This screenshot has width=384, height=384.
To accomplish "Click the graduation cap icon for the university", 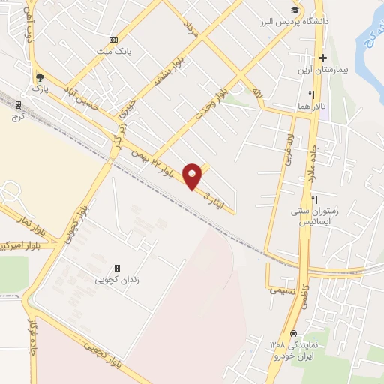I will pyautogui.click(x=297, y=10).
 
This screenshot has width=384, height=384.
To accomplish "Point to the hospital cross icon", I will pyautogui.click(x=323, y=57).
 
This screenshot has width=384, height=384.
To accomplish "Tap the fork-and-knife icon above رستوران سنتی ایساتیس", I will pyautogui.click(x=315, y=199).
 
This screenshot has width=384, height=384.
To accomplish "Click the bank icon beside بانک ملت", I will pyautogui.click(x=113, y=40).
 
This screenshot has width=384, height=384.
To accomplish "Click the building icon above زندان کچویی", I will pyautogui.click(x=117, y=268).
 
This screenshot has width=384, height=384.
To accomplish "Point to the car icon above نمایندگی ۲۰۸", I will pyautogui.click(x=293, y=332).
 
